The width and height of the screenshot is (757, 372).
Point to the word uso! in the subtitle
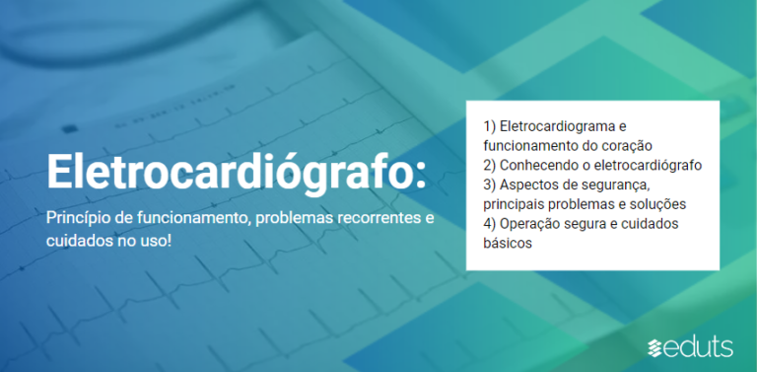[x=155, y=240]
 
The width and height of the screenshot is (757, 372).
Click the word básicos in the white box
[x=508, y=243]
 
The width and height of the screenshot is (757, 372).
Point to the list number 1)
[x=490, y=126]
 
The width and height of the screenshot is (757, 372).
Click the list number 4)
[x=490, y=224]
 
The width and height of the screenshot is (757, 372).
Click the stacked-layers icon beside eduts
[x=656, y=347]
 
